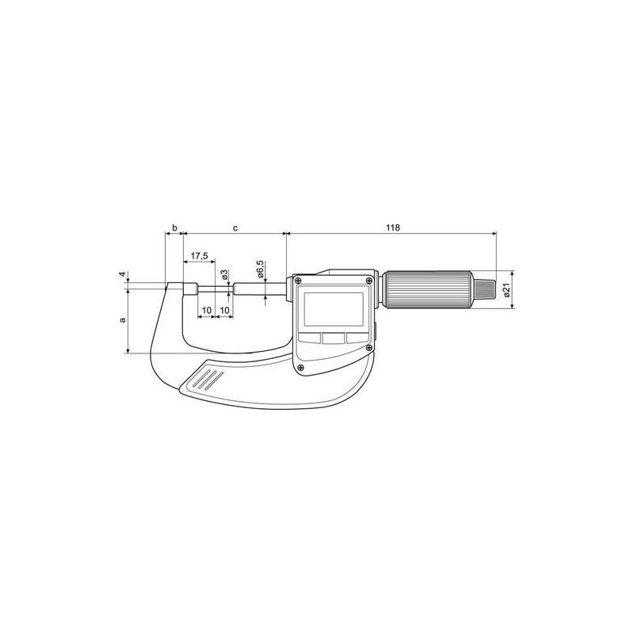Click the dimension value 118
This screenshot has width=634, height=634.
tap(392, 227)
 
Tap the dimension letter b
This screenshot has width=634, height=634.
tap(174, 227)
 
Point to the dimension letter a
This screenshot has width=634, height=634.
tap(122, 320)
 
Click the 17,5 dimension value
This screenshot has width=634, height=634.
tap(200, 257)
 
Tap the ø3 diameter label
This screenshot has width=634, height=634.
tap(225, 274)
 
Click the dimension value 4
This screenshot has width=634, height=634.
tap(122, 276)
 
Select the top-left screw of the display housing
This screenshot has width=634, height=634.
tap(298, 280)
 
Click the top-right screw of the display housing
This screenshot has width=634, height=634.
tap(369, 280)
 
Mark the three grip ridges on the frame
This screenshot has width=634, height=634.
tap(206, 378)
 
